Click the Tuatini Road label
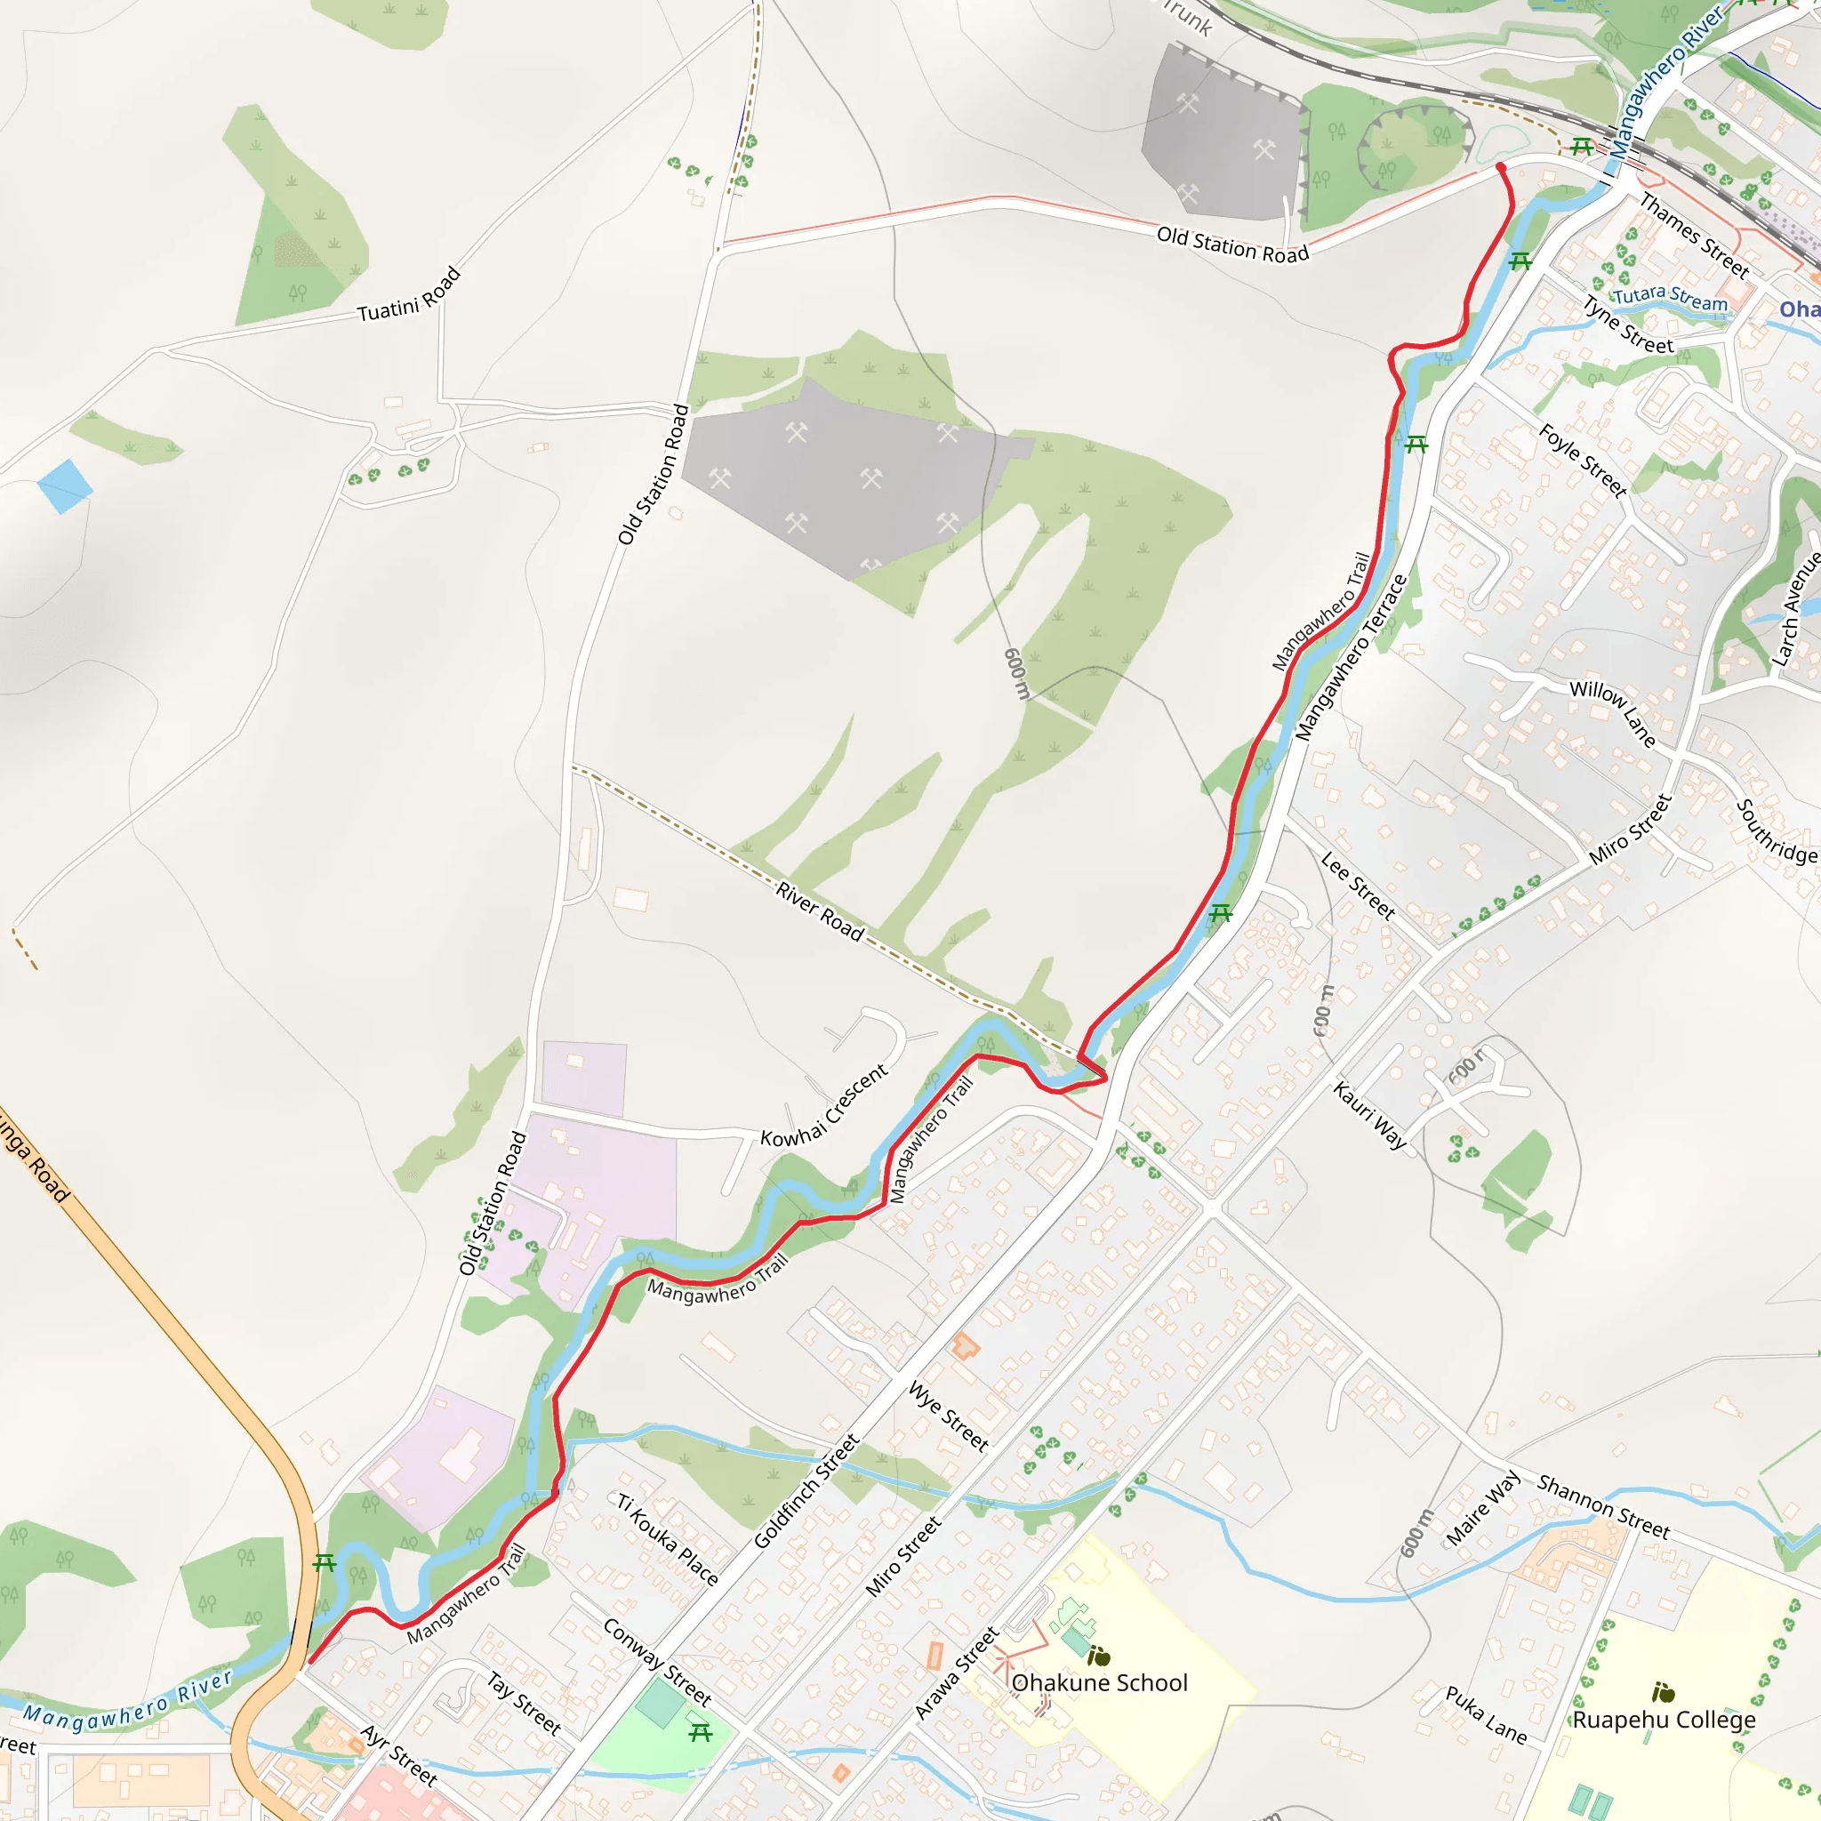click(x=409, y=295)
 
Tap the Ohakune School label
click(x=1099, y=1682)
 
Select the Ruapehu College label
click(x=1664, y=1720)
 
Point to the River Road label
click(x=820, y=910)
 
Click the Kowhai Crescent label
click(x=823, y=1105)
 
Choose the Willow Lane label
click(x=1613, y=712)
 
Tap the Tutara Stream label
click(x=1670, y=298)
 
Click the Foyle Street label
click(x=1584, y=461)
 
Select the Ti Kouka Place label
click(x=668, y=1538)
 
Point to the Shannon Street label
click(x=1603, y=1506)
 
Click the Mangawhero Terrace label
click(x=1351, y=658)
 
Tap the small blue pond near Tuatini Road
click(x=65, y=485)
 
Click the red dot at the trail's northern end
click(x=1501, y=168)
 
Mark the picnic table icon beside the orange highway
click(x=325, y=1563)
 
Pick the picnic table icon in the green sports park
click(x=701, y=1732)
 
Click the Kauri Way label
click(x=1369, y=1116)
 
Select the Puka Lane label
click(x=1487, y=1714)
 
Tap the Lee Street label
click(x=1357, y=885)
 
